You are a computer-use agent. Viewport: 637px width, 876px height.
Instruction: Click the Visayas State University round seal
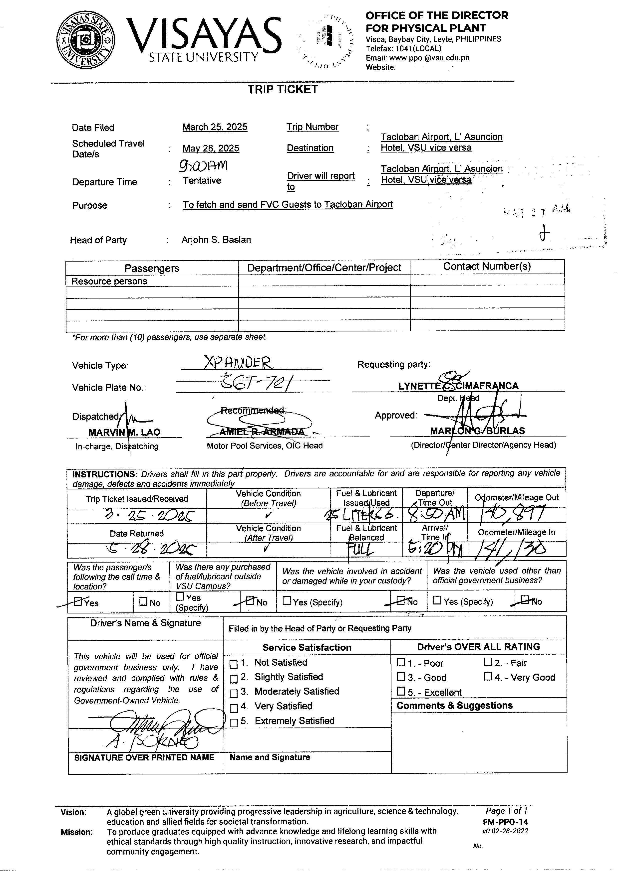tap(86, 40)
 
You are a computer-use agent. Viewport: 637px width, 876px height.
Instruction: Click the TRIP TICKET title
tap(283, 90)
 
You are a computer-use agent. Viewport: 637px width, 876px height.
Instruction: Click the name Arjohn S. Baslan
tap(216, 240)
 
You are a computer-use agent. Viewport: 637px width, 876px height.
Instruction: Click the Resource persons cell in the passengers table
tap(109, 281)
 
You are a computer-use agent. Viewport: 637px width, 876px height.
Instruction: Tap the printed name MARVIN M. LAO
tap(124, 432)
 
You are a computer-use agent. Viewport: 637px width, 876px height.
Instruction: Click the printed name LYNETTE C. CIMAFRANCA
tap(458, 386)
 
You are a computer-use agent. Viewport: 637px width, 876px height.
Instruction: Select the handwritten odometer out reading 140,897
tap(512, 514)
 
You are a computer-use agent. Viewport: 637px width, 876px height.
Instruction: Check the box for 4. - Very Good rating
tap(488, 677)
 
